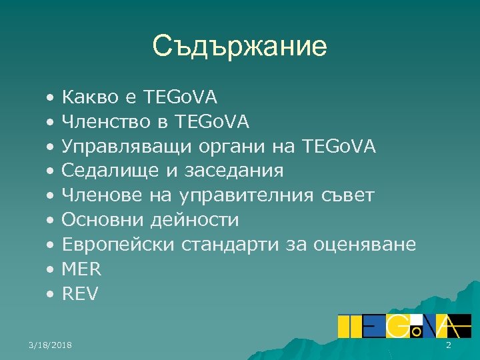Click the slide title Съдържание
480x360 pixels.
[239, 46]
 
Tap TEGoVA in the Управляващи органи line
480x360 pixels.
[339, 147]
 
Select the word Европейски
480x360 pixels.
[117, 245]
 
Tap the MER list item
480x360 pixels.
[81, 269]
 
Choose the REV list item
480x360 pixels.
[79, 293]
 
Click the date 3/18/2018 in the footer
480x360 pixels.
[51, 345]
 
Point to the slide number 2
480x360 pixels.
[448, 345]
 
